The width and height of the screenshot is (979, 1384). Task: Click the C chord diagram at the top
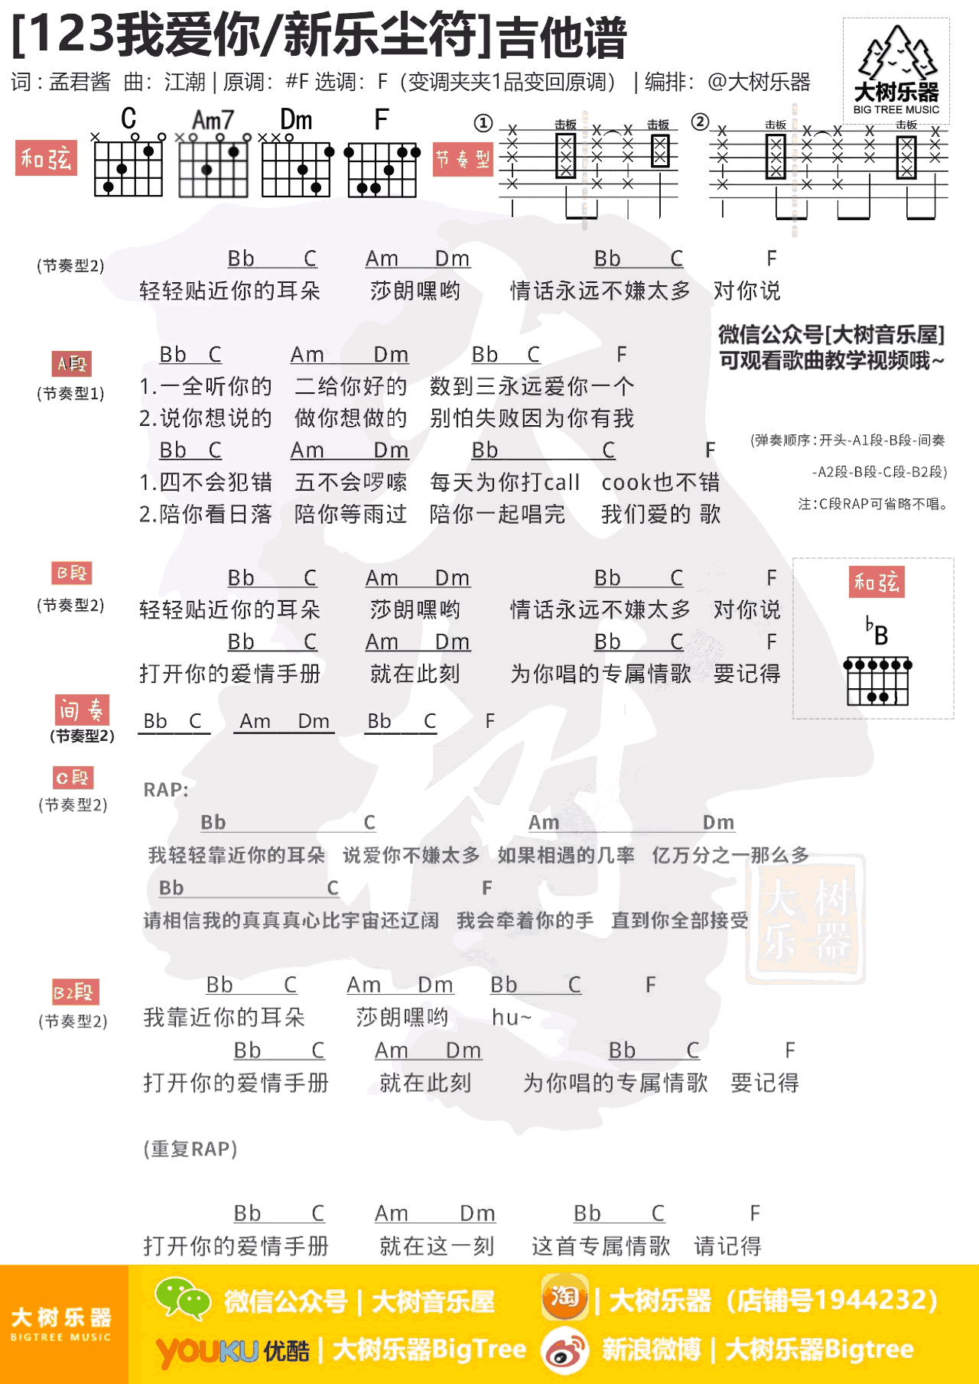(x=128, y=167)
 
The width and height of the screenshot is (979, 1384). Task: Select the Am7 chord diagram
(x=213, y=167)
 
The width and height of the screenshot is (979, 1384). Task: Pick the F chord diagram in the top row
(x=382, y=168)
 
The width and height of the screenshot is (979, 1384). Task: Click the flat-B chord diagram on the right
(x=877, y=679)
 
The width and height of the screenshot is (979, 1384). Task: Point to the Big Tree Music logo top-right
(x=896, y=70)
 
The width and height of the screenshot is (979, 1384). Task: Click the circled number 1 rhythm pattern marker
(x=483, y=123)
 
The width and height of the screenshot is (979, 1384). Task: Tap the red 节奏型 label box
(x=463, y=159)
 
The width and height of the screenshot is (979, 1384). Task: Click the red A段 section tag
(x=72, y=363)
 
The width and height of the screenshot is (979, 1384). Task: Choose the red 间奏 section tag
(x=81, y=710)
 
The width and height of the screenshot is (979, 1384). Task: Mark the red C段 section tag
(x=73, y=778)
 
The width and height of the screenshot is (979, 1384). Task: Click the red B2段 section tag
(x=75, y=992)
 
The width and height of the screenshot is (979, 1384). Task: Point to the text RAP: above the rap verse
(x=166, y=790)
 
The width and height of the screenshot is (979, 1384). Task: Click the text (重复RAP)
(x=190, y=1148)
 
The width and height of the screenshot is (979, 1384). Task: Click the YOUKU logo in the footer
(x=207, y=1351)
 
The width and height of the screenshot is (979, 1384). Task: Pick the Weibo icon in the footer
(x=564, y=1350)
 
